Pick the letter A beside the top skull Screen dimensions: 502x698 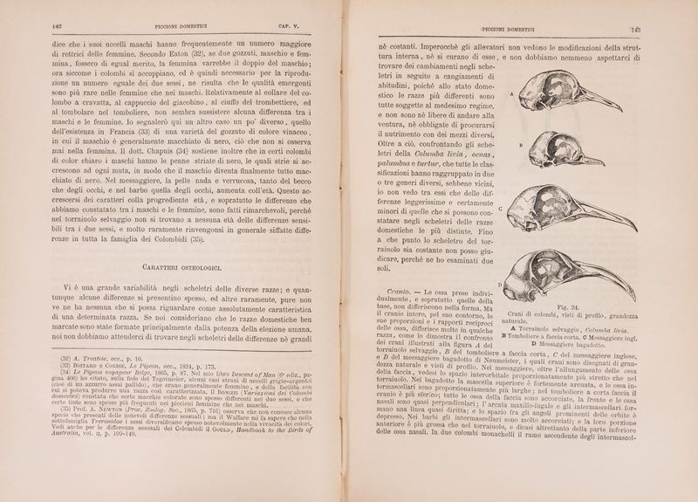click(x=510, y=92)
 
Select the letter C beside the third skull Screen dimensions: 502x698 click(x=501, y=210)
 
